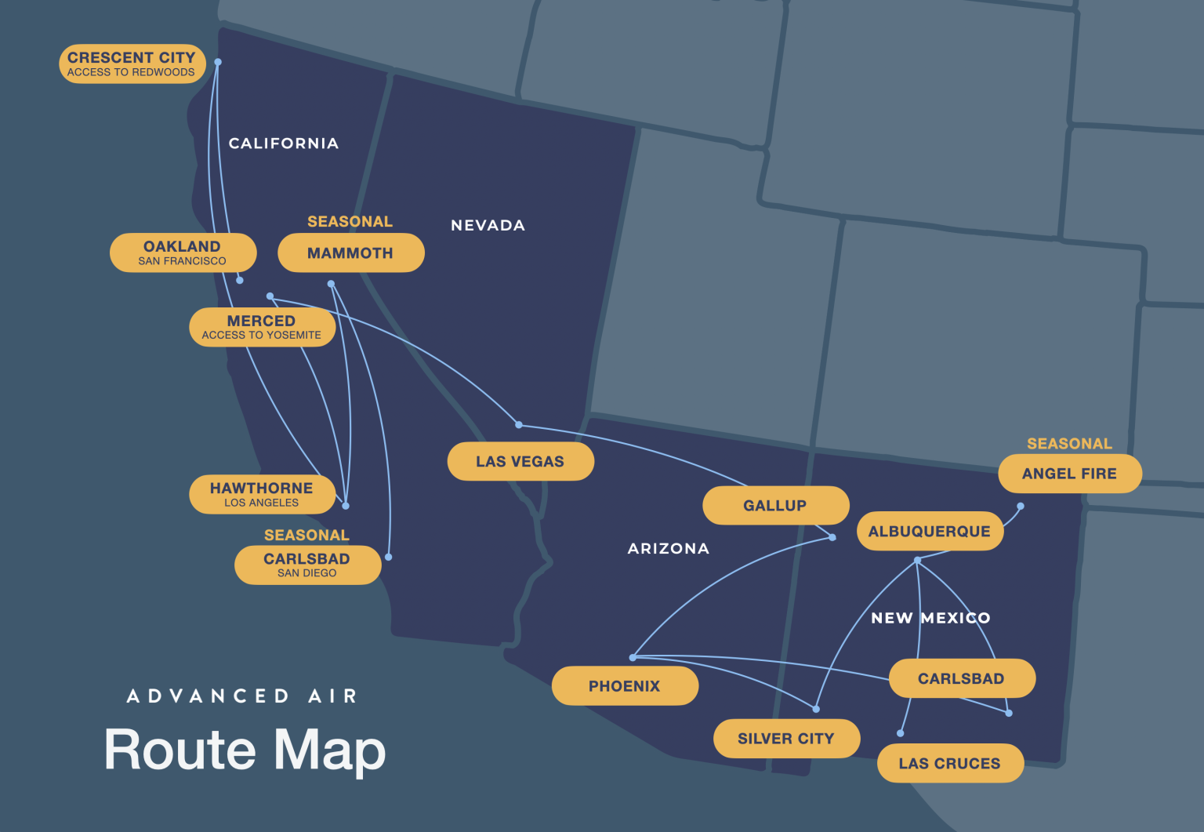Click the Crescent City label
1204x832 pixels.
click(x=132, y=64)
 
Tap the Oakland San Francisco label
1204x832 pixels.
click(x=183, y=253)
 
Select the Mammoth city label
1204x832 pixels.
click(x=350, y=253)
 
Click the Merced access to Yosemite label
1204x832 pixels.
click(x=262, y=327)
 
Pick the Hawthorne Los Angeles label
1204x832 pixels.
click(x=262, y=494)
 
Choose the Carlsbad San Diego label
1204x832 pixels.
click(x=307, y=565)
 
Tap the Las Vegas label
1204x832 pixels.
click(x=520, y=461)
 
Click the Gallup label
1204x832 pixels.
click(x=775, y=506)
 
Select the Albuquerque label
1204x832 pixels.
click(x=930, y=531)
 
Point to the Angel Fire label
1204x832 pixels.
click(x=1069, y=474)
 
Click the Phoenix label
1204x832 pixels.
click(x=625, y=686)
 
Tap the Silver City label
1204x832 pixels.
click(x=786, y=739)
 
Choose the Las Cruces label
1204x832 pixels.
click(x=950, y=763)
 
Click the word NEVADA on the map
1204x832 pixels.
click(x=488, y=226)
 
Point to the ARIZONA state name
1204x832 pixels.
click(x=668, y=549)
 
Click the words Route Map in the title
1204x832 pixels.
click(x=245, y=750)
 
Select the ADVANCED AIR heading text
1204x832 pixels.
click(x=242, y=696)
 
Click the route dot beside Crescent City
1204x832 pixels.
click(x=218, y=62)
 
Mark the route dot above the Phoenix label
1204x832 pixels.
click(x=633, y=657)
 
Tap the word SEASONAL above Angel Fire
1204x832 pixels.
click(x=1069, y=444)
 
